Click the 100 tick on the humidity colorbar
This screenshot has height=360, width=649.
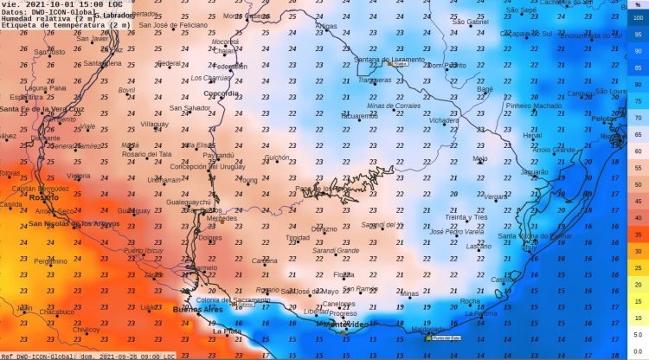point(638,17)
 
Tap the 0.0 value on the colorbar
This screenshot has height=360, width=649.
point(638,350)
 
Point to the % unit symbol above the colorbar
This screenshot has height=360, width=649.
point(638,5)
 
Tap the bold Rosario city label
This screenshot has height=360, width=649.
point(44,197)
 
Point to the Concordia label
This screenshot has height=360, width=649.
point(221,93)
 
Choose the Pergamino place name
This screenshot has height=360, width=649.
point(34,260)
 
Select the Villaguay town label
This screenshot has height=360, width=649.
point(155,124)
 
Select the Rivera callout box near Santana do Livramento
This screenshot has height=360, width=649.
point(399,63)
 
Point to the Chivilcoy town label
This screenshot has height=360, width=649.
point(86,329)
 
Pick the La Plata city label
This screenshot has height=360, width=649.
point(227,331)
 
